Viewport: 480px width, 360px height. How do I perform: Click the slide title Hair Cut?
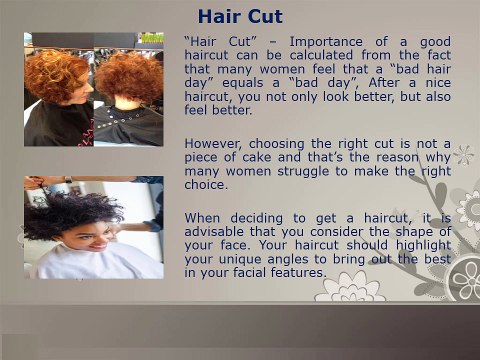240,16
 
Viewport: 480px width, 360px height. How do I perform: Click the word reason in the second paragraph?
392,158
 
